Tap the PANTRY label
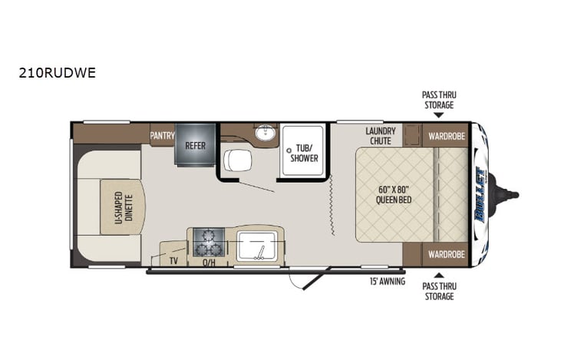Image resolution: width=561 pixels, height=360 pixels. [x=162, y=136]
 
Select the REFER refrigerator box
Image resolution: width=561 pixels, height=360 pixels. [x=195, y=144]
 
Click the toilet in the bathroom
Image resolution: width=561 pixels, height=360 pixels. [x=237, y=160]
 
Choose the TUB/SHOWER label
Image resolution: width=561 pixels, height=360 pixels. [x=302, y=154]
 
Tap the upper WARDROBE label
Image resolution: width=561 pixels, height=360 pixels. [x=444, y=136]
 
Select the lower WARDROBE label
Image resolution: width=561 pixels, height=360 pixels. [x=444, y=253]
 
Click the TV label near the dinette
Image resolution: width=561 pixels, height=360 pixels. [x=174, y=260]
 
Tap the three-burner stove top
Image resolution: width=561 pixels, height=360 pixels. [x=207, y=243]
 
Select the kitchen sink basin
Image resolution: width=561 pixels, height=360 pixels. [x=257, y=246]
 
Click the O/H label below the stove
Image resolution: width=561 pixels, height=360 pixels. [x=207, y=262]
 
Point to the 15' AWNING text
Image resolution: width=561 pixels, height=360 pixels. [x=387, y=280]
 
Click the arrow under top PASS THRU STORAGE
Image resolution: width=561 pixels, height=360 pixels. [x=438, y=115]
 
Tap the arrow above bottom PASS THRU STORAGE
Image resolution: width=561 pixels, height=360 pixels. [x=438, y=274]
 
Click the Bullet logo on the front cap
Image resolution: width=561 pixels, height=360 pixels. [x=481, y=194]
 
